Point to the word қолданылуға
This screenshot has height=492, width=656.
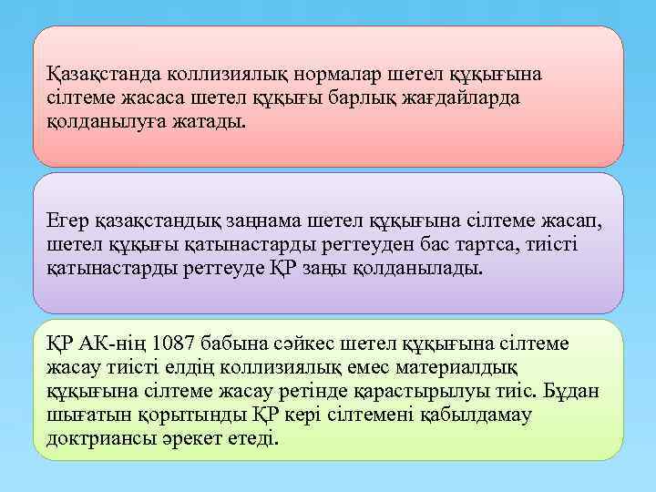coord(99,121)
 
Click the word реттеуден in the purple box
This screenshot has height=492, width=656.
coord(315,246)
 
